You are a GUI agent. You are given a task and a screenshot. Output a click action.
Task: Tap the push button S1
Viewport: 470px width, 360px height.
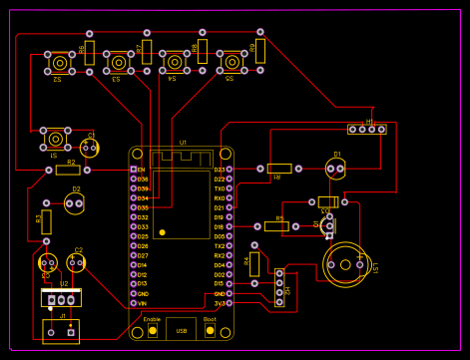tap(55, 140)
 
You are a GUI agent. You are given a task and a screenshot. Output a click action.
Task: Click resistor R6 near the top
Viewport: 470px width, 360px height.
tap(90, 52)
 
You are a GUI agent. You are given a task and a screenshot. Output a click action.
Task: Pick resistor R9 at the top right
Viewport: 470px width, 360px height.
tap(260, 51)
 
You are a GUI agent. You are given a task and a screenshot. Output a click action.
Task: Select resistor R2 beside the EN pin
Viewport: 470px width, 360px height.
tap(69, 170)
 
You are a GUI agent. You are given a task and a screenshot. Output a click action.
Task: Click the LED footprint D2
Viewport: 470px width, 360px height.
tap(75, 203)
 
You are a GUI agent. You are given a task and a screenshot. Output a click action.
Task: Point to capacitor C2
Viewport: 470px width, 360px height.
tap(77, 262)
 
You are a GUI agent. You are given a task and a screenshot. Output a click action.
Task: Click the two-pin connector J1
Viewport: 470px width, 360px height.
tap(61, 330)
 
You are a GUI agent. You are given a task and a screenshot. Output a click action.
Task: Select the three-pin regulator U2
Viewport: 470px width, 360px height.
tap(61, 297)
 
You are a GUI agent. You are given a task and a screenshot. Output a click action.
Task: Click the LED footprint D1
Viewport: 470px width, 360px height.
tap(336, 169)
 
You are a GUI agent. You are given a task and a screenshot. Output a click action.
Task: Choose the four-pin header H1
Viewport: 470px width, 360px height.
tap(366, 129)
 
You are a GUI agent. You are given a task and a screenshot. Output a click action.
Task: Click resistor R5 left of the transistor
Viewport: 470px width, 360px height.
tap(276, 226)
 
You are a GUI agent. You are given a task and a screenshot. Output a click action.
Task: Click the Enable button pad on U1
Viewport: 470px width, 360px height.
tap(152, 330)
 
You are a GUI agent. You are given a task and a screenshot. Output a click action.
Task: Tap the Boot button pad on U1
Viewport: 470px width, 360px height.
tap(210, 330)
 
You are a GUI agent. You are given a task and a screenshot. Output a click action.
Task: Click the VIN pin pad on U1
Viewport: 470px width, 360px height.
tap(133, 303)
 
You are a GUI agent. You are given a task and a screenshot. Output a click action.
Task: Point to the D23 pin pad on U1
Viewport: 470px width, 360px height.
tap(230, 170)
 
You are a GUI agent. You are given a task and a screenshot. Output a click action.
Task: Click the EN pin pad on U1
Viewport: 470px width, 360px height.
tap(133, 170)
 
